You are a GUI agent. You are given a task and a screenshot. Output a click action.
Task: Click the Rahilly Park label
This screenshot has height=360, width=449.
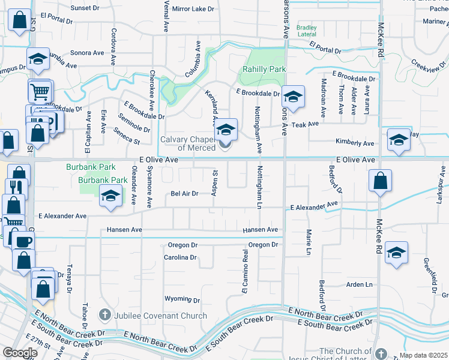pyautogui.click(x=264, y=69)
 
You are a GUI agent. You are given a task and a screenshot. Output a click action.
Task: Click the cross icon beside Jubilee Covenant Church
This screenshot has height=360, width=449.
pyautogui.click(x=105, y=315)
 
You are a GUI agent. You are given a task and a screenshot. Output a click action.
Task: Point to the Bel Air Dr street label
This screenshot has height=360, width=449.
pyautogui.click(x=184, y=194)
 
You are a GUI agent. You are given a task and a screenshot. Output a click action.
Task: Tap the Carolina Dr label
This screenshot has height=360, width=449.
pyautogui.click(x=180, y=257)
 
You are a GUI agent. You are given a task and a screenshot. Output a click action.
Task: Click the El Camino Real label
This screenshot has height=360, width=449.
pyautogui.click(x=245, y=271)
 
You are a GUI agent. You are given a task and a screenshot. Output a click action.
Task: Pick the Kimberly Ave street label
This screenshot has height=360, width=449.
pyautogui.click(x=355, y=143)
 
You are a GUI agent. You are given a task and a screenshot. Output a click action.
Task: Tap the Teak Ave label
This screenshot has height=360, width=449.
pyautogui.click(x=305, y=124)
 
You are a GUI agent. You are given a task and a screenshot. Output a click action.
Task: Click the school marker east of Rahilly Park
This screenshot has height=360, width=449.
pyautogui.click(x=292, y=97)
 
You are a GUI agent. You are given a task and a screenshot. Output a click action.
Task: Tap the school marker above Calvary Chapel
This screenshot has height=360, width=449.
pyautogui.click(x=226, y=130)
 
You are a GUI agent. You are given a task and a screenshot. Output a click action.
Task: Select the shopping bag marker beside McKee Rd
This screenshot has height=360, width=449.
pyautogui.click(x=380, y=181)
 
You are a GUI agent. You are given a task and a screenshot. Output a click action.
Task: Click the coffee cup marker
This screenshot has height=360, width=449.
pyautogui.click(x=23, y=242)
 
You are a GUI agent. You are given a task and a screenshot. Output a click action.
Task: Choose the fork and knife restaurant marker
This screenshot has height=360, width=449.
pyautogui.click(x=17, y=187)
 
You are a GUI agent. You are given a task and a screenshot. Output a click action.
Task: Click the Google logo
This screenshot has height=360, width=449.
pyautogui.click(x=19, y=352)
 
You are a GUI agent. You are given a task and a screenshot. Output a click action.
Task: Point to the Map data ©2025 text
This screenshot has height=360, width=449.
pyautogui.click(x=423, y=355)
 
